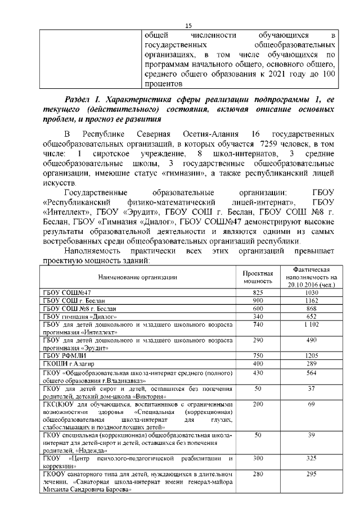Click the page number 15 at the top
pyautogui.click(x=188, y=25)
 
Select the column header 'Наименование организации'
pyautogui.click(x=137, y=277)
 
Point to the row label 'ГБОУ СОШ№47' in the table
pyautogui.click(x=67, y=292)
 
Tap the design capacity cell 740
pyautogui.click(x=258, y=325)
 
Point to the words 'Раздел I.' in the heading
pyautogui.click(x=84, y=99)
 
